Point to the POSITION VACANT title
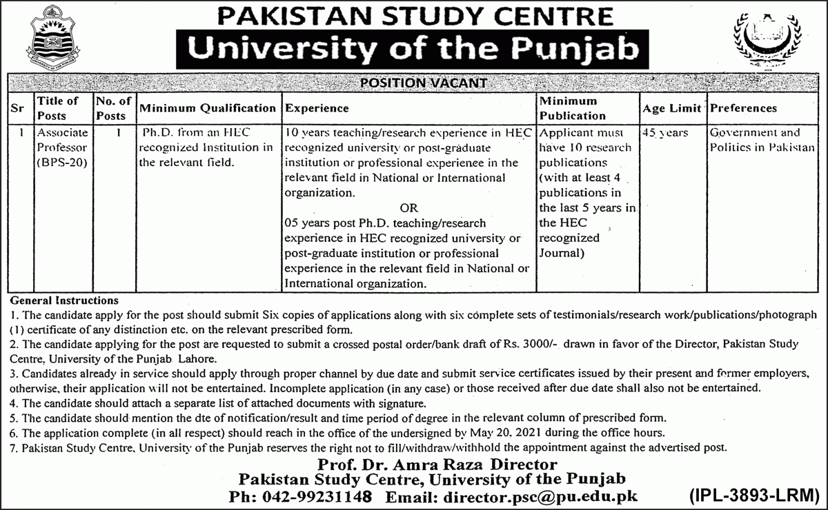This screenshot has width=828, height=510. (x=424, y=83)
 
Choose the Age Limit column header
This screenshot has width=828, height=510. (x=671, y=108)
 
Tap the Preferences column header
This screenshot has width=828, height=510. (x=743, y=108)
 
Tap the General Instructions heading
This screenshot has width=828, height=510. (x=64, y=300)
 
